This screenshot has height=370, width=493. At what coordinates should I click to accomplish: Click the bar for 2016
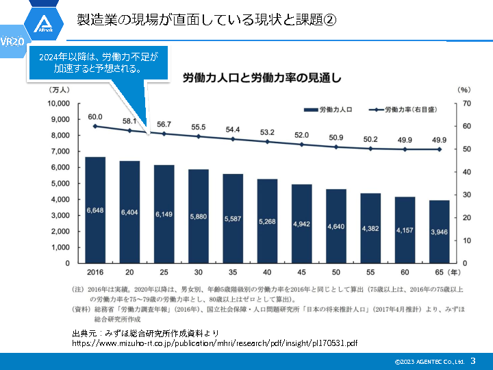[x=95, y=210]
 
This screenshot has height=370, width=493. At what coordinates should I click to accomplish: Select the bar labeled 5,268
[x=266, y=221]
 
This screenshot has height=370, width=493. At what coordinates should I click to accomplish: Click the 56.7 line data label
[x=164, y=124]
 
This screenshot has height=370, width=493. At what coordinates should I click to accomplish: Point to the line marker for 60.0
[x=95, y=126]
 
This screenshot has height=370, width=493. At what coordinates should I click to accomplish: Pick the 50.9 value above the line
[x=336, y=138]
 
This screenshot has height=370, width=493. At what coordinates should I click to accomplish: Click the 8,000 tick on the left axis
[x=60, y=136]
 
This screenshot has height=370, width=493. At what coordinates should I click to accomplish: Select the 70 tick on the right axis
[x=467, y=103]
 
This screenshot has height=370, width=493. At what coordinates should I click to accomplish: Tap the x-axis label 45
[x=301, y=271]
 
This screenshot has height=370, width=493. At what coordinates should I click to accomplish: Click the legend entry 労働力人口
[x=327, y=110]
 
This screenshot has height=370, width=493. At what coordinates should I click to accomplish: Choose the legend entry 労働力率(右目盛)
[x=403, y=110]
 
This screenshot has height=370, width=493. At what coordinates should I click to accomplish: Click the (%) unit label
[x=464, y=90]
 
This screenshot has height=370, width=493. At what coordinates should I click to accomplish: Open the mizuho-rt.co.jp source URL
[x=214, y=342]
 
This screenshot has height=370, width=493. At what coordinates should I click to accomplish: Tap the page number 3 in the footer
[x=472, y=360]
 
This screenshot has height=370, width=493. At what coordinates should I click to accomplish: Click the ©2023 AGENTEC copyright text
[x=429, y=361]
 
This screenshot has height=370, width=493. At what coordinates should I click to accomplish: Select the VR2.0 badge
[x=12, y=42]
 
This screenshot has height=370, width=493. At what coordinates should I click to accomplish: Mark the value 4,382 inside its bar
[x=370, y=228]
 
